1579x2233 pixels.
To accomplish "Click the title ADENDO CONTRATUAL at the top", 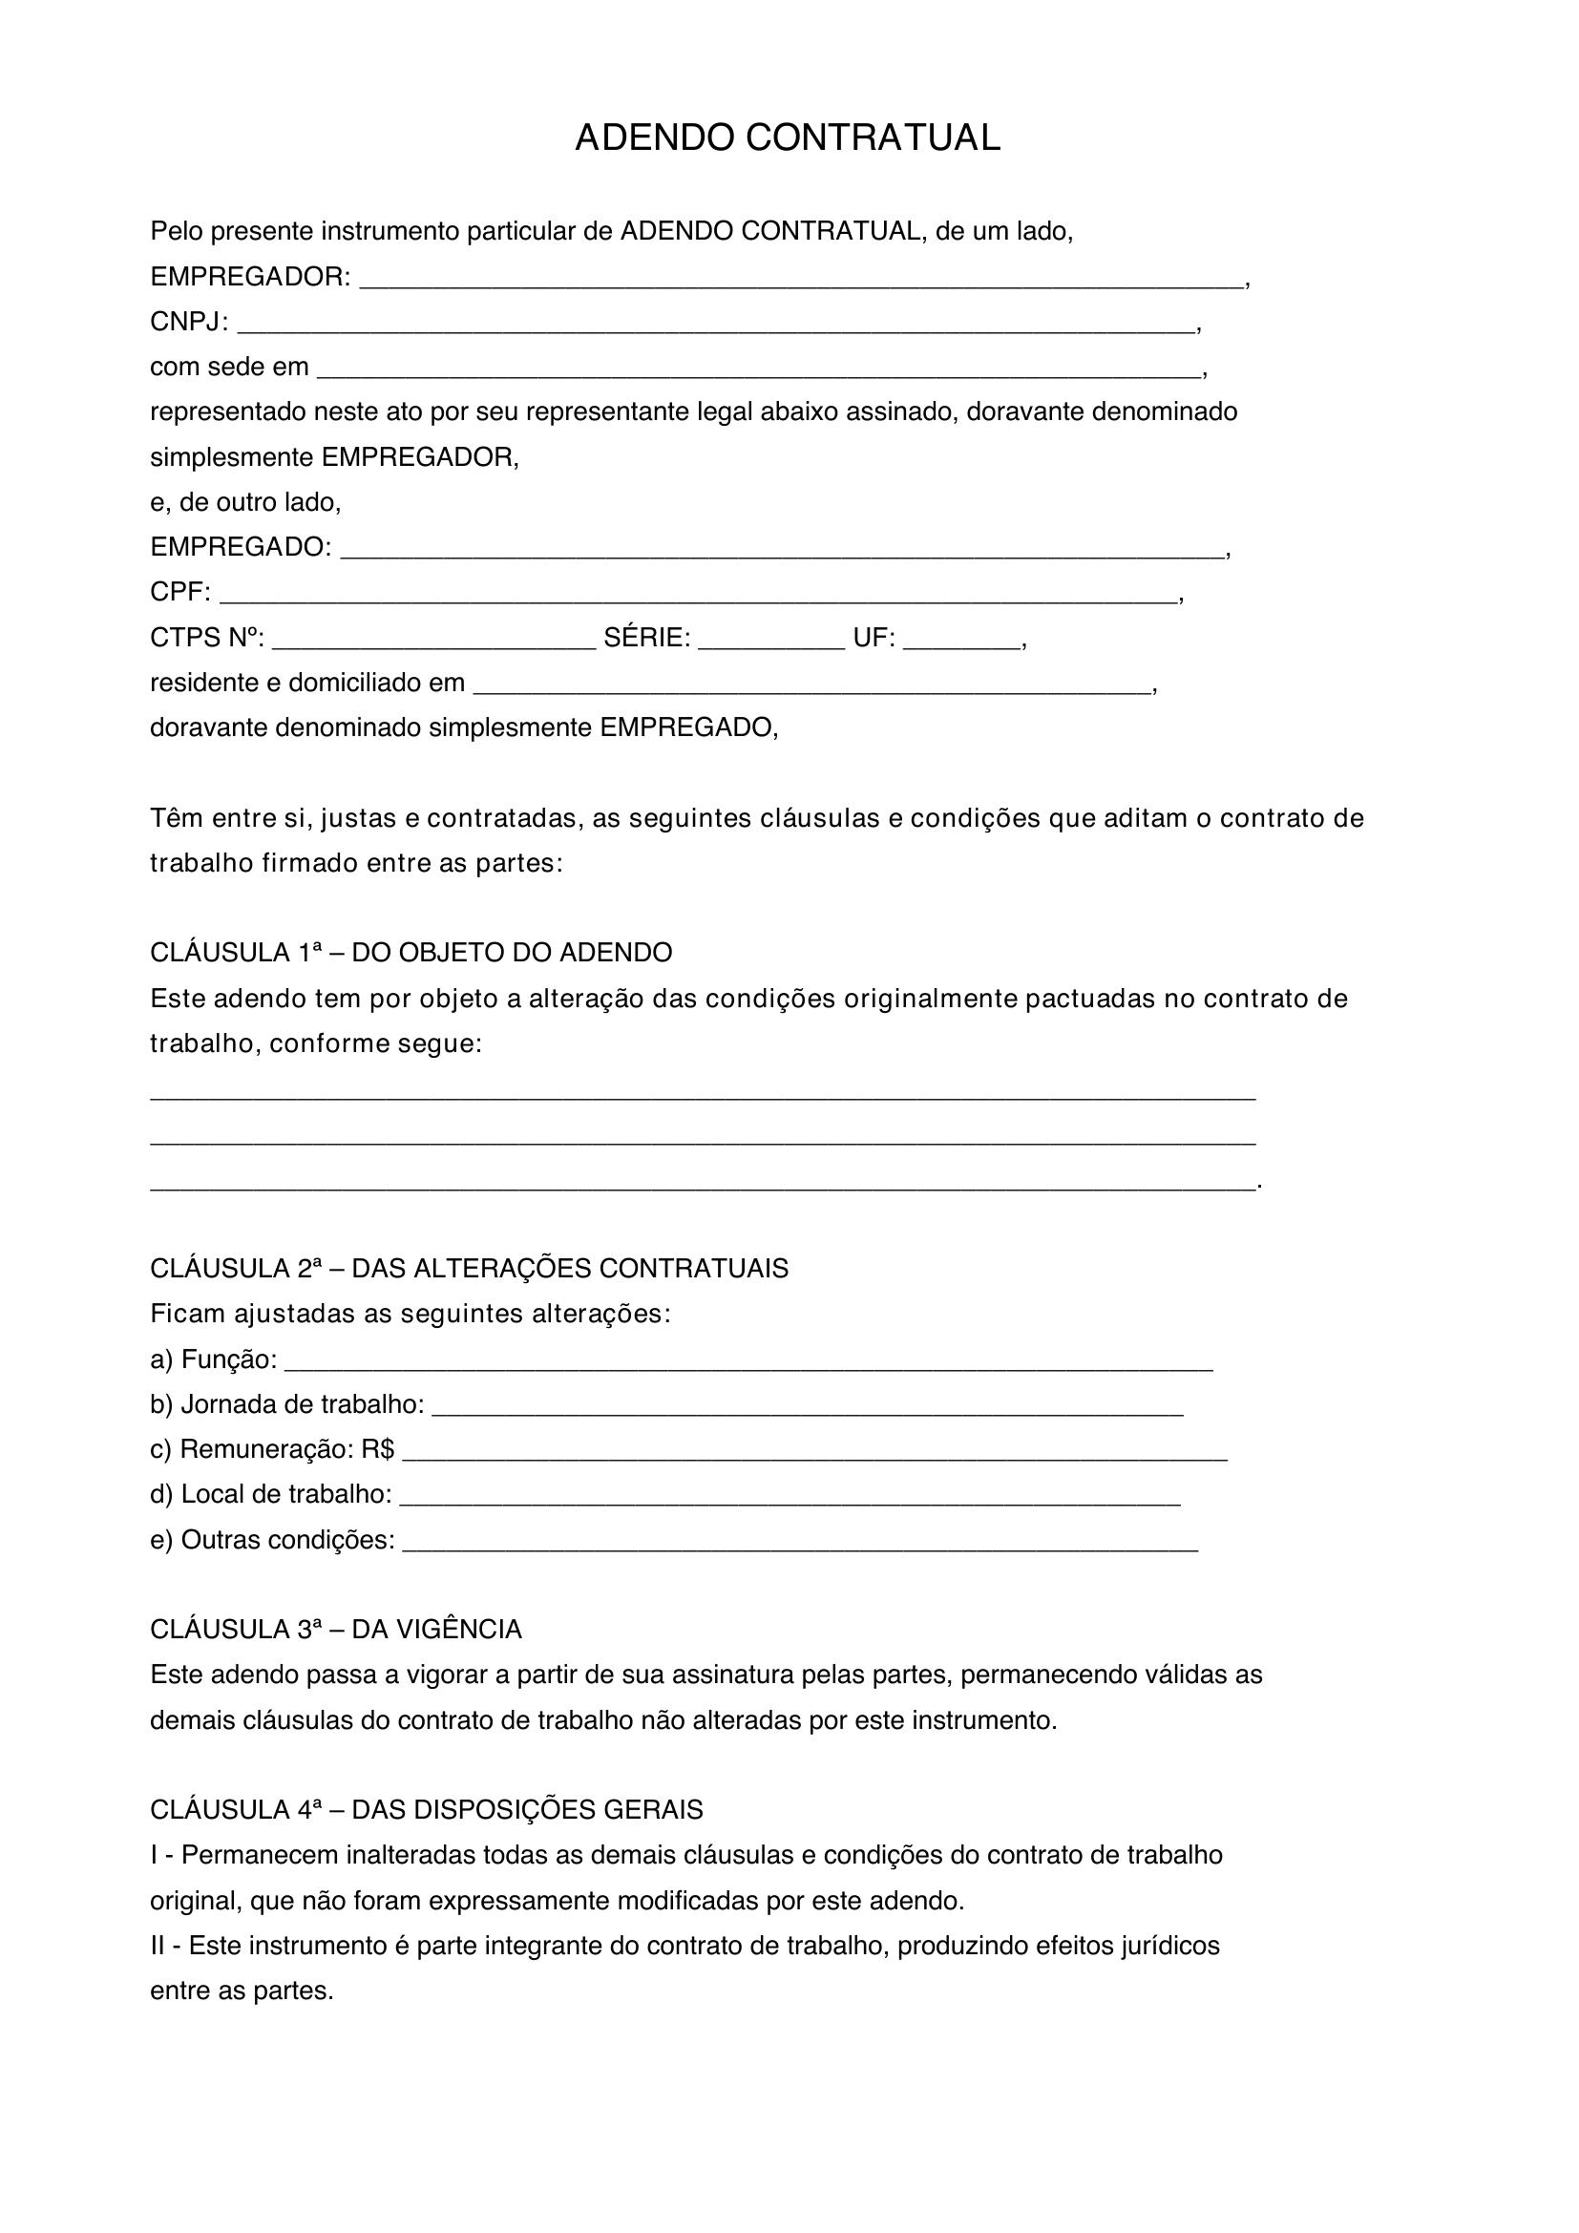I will click(x=788, y=139).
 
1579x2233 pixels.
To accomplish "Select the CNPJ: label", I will click(x=189, y=323).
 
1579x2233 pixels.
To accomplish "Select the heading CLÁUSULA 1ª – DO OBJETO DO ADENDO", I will click(x=411, y=953).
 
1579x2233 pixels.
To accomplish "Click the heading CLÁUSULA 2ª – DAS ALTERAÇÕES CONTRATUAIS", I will click(x=470, y=1269).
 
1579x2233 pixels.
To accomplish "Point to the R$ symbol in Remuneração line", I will click(x=377, y=1450).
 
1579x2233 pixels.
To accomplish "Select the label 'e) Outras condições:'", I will click(x=272, y=1541).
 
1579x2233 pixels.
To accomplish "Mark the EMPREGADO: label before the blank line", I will click(x=241, y=548).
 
